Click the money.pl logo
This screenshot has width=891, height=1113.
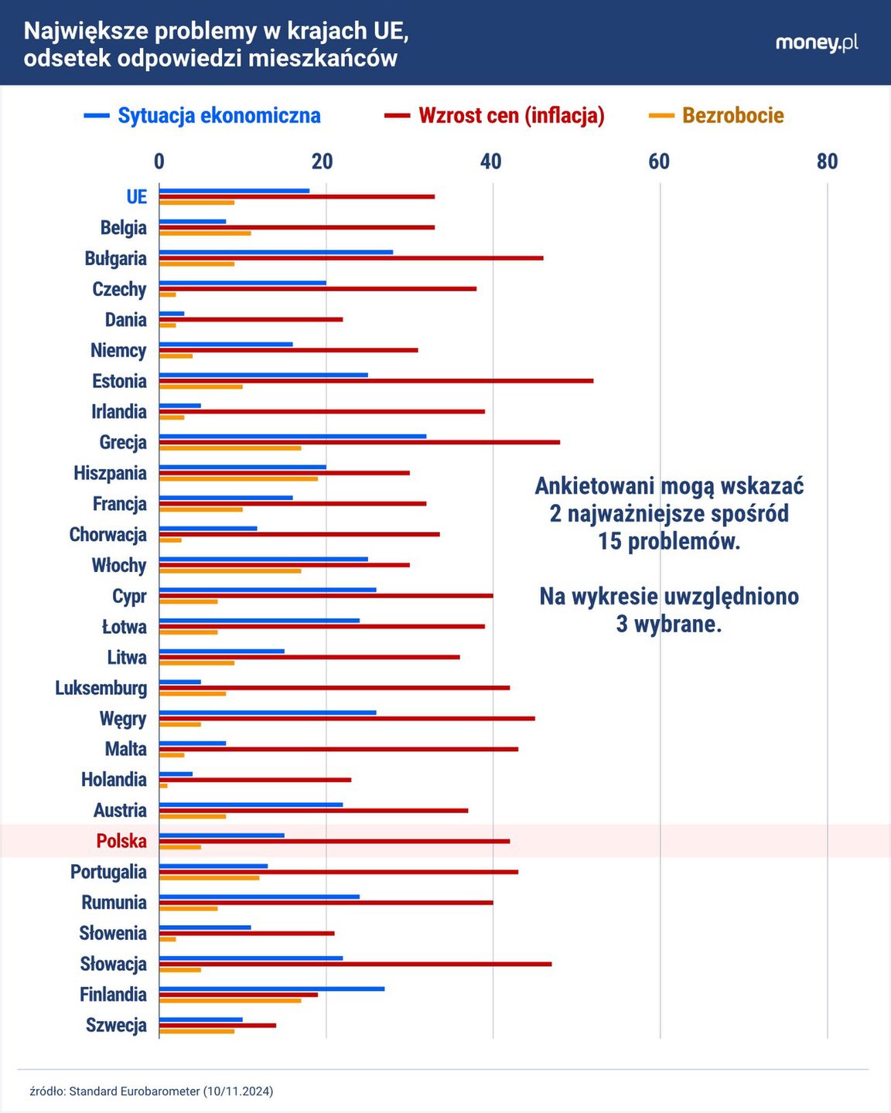[x=816, y=43]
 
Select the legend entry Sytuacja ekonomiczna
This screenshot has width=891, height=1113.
[x=203, y=116]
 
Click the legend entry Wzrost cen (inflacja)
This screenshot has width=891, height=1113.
[x=495, y=116]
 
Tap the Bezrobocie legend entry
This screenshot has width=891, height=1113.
[x=716, y=116]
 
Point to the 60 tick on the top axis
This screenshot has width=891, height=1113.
[x=659, y=161]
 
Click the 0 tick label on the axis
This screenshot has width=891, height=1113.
[x=159, y=161]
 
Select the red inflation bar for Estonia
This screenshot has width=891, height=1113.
[x=376, y=381]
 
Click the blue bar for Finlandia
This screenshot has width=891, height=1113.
[x=271, y=989]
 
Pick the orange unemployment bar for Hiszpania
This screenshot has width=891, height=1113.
[x=238, y=479]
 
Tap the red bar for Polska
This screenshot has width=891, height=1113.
[x=334, y=841]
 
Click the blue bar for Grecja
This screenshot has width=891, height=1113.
[x=292, y=436]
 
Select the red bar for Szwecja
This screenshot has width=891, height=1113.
[x=217, y=1026]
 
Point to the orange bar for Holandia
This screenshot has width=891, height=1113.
[x=163, y=786]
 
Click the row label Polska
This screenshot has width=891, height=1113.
[x=121, y=841]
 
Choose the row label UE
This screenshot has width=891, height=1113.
[x=136, y=196]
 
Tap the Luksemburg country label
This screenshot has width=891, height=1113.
[x=101, y=688]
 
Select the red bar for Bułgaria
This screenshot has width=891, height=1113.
[x=351, y=258]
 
